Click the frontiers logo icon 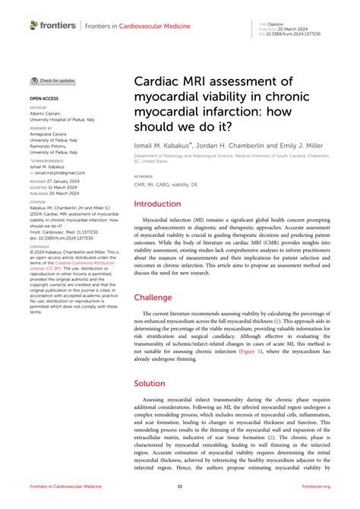tap(33, 25)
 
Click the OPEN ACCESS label tap(43, 99)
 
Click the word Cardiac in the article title tap(159, 81)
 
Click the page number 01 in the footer tap(180, 486)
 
